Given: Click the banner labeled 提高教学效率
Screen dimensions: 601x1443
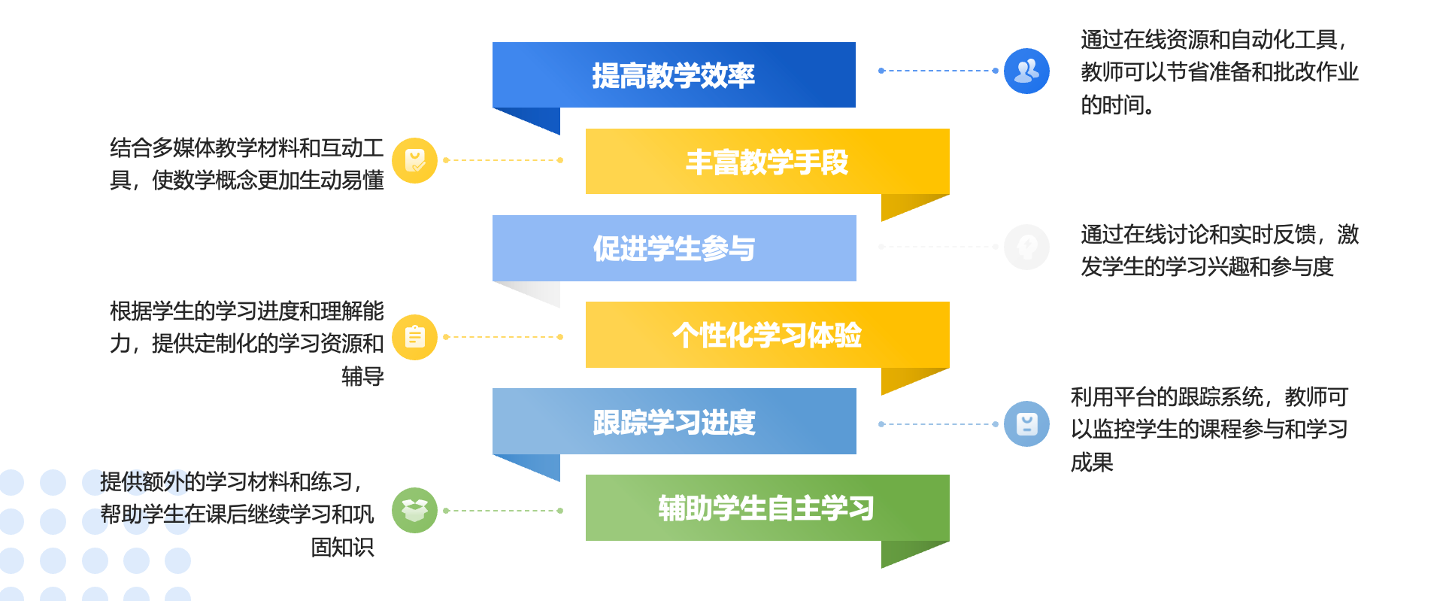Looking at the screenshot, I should click(x=674, y=75).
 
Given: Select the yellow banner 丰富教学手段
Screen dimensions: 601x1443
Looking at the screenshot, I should click(x=767, y=162).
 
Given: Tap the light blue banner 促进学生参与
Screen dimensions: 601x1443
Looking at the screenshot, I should click(x=674, y=248).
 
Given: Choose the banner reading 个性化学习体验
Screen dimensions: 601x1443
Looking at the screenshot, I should click(x=767, y=335).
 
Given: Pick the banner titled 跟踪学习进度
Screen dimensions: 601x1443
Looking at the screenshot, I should click(x=674, y=421).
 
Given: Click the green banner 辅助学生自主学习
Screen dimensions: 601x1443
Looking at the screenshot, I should click(x=767, y=508).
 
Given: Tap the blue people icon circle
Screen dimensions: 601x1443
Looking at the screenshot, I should click(x=1026, y=71).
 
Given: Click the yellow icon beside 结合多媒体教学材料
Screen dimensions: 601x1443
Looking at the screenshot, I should click(x=415, y=160).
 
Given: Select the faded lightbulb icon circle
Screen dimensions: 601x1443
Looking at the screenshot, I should click(x=1026, y=247).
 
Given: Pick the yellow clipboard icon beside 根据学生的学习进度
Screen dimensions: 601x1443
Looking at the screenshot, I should click(x=415, y=337).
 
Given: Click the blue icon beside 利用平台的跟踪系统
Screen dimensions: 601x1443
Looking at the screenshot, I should click(x=1026, y=424).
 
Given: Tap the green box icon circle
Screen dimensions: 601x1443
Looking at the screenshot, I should click(x=415, y=511).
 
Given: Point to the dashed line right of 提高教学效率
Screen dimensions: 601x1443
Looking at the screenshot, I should click(x=938, y=71).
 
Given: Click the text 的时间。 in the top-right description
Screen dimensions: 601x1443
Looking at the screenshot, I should click(x=1117, y=105).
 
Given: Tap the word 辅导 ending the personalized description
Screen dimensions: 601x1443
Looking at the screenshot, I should click(x=362, y=376).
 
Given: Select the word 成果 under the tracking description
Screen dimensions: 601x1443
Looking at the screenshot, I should click(x=1092, y=462).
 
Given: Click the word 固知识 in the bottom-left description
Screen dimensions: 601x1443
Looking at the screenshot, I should click(x=342, y=547).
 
